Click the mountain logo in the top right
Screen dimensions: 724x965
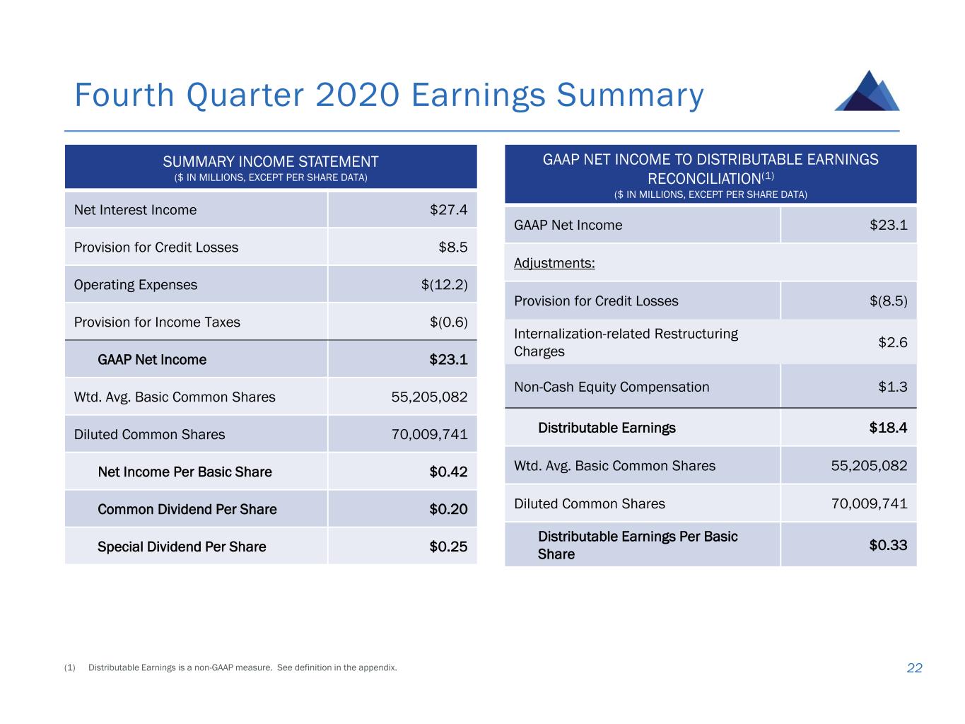[867, 91]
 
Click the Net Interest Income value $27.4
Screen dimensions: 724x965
[448, 210]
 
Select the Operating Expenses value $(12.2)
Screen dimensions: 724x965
[444, 285]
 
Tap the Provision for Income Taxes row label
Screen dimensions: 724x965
[157, 322]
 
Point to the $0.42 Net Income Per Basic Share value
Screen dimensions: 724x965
[448, 472]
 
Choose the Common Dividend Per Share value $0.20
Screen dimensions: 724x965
[448, 509]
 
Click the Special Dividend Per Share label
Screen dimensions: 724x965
[182, 547]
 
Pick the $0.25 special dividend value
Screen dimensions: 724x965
[448, 547]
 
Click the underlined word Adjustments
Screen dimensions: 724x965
[554, 263]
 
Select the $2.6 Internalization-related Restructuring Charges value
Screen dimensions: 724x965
[892, 342]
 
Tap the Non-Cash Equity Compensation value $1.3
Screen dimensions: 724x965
[892, 387]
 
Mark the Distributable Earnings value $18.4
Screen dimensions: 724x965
[888, 428]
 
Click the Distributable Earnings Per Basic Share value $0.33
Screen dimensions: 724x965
[888, 545]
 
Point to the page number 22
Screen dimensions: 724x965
[914, 668]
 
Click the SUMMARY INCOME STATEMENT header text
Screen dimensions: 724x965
[271, 162]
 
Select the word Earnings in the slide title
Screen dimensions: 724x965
[478, 95]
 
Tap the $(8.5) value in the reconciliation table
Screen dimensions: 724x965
[888, 301]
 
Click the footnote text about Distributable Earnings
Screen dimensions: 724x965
[242, 667]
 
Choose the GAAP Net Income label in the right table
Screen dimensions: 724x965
[568, 226]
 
